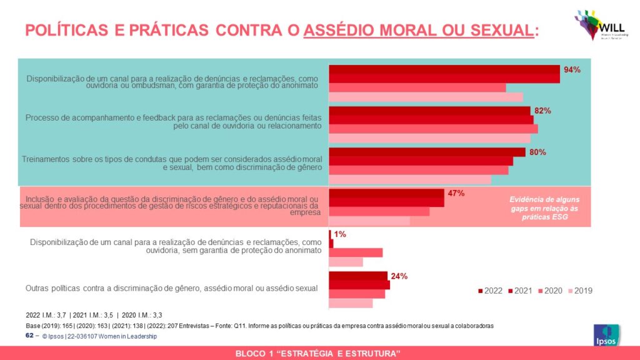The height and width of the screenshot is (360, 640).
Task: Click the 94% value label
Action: click(572, 70)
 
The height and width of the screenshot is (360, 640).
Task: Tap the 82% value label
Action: click(542, 111)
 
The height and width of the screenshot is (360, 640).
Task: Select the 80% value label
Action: click(537, 152)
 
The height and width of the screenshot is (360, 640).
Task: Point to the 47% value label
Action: click(456, 193)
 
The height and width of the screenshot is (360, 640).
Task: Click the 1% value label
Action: click(340, 234)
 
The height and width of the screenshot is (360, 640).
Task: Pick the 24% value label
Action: click(399, 276)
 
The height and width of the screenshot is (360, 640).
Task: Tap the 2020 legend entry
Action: click(550, 291)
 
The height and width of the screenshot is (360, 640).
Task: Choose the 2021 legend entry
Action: click(520, 291)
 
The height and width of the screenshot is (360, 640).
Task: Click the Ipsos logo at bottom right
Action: click(606, 337)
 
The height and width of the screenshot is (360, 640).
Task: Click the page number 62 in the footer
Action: click(29, 336)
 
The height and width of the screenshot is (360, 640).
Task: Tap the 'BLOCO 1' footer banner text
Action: click(320, 354)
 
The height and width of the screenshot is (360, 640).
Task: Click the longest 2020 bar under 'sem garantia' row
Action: click(356, 252)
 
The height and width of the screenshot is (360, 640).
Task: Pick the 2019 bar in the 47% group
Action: click(369, 221)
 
